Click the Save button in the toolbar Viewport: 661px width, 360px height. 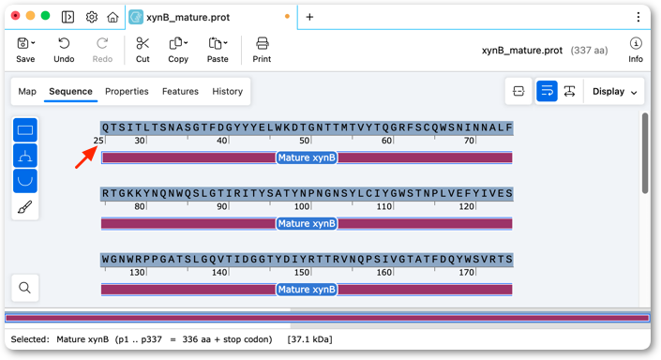[25, 50]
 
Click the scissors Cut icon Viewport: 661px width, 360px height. [143, 43]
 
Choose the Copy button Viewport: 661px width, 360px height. [178, 50]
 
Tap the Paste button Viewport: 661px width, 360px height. [218, 50]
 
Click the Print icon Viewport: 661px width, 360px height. [262, 43]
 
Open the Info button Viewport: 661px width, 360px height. [636, 50]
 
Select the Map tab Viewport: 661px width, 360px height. [27, 92]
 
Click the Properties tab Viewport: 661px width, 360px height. [127, 92]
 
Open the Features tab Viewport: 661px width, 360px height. [180, 92]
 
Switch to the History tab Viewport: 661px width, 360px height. [227, 92]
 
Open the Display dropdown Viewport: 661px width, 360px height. [614, 92]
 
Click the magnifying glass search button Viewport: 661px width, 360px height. [25, 288]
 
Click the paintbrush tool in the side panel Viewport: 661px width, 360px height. [25, 207]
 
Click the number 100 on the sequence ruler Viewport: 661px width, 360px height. [302, 206]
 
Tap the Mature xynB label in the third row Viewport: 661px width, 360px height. [307, 290]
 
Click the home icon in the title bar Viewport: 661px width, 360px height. [113, 17]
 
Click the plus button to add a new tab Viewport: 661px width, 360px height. [309, 17]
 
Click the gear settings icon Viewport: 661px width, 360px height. [92, 17]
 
